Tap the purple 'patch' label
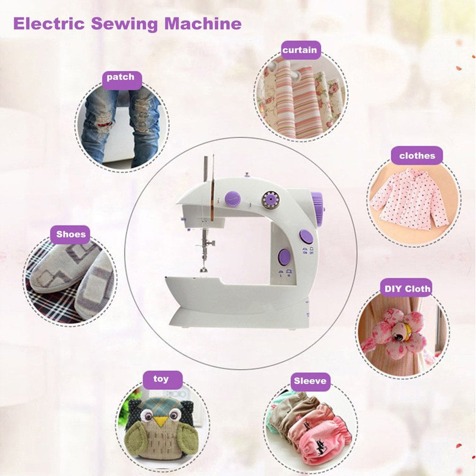[121, 78]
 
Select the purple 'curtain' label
[300, 50]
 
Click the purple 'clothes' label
[417, 156]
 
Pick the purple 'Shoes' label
[71, 234]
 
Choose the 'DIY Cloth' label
[407, 289]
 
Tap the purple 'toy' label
[161, 379]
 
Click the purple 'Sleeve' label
[310, 381]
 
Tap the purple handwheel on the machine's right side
[318, 208]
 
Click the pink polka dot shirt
[410, 198]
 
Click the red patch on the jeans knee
[105, 124]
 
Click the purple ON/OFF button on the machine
[306, 236]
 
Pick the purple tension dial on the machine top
[232, 199]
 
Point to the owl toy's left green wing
[136, 437]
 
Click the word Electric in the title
[48, 24]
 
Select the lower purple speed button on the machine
[284, 257]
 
